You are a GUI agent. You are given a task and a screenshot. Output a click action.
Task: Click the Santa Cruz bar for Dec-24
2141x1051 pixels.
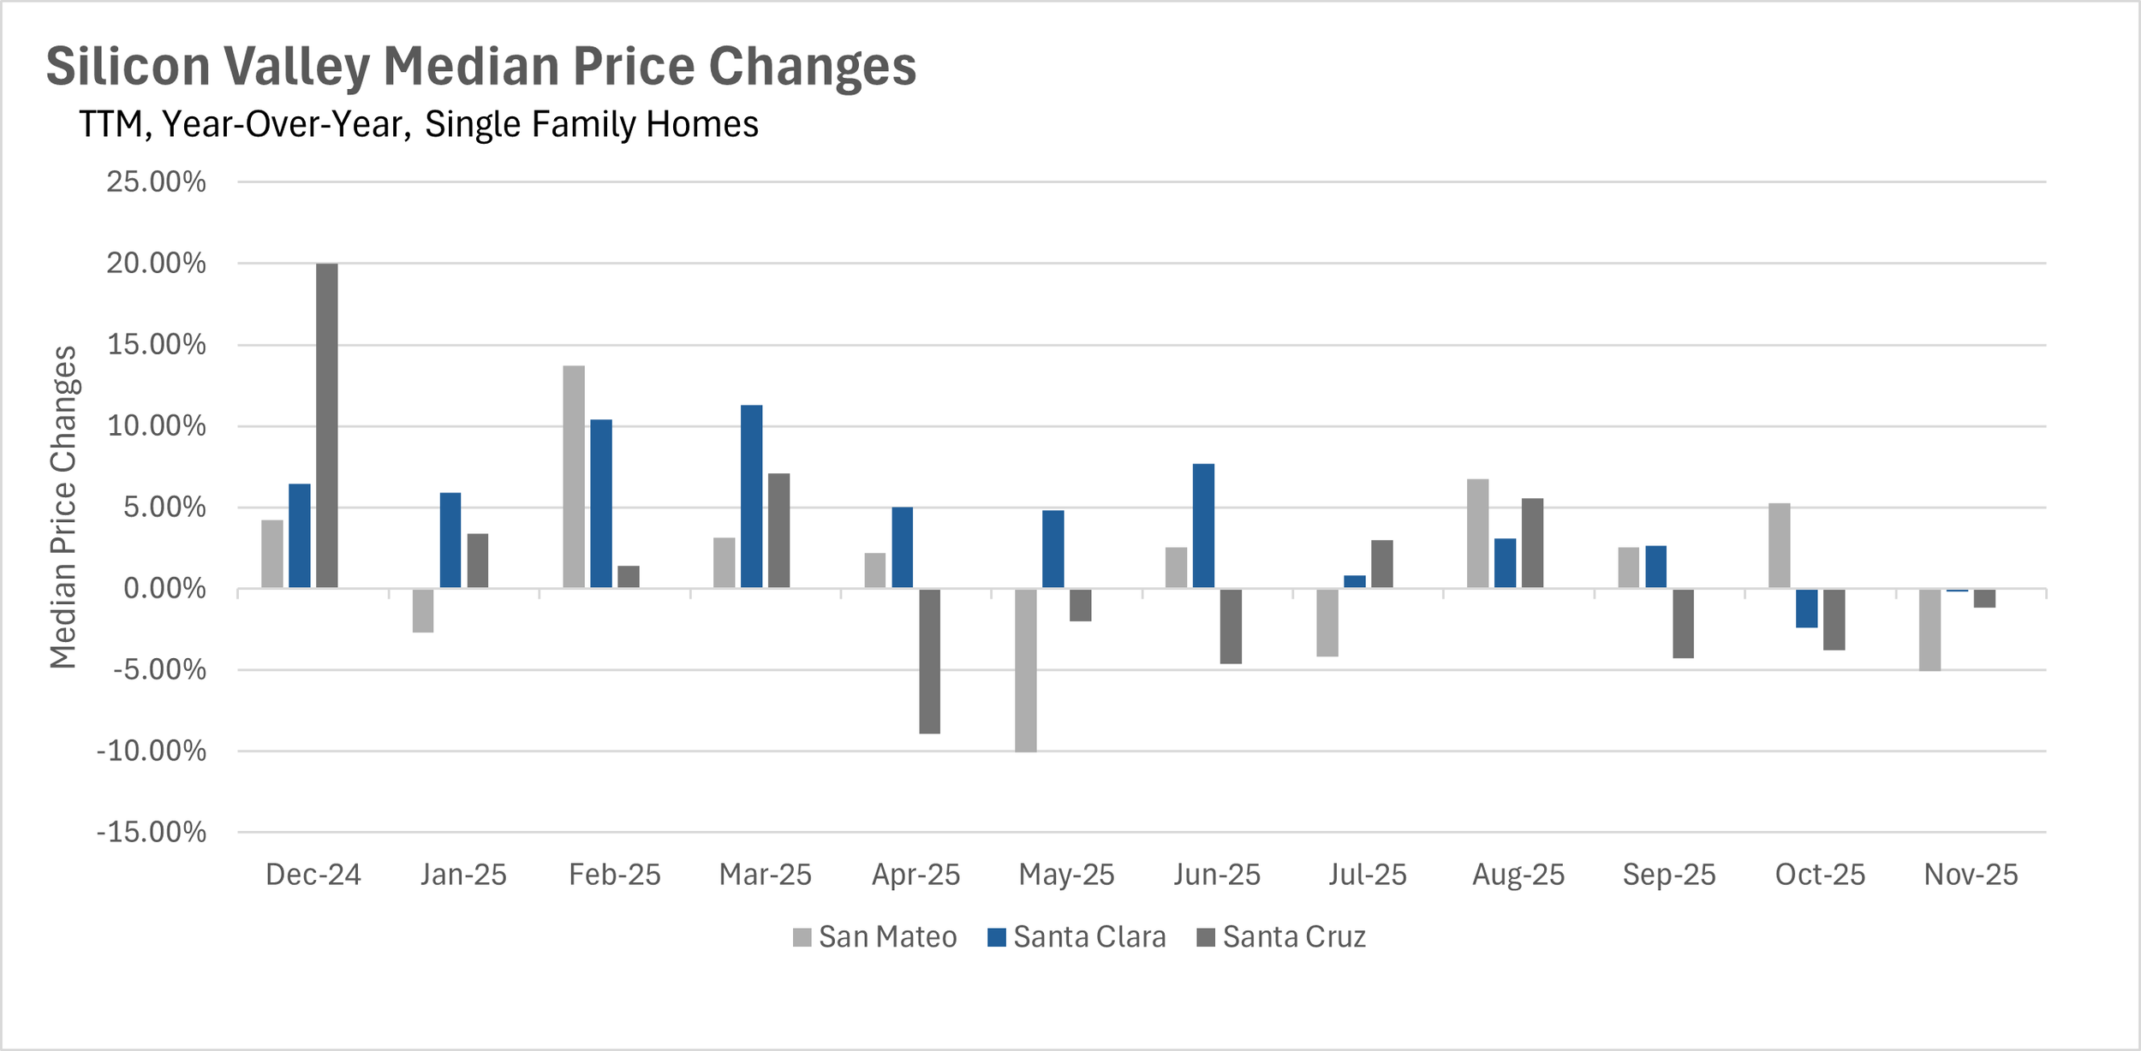coord(327,425)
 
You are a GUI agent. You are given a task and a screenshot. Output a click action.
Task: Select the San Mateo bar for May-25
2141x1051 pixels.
coord(1026,670)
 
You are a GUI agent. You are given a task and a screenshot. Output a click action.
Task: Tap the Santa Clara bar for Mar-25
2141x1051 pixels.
coord(752,496)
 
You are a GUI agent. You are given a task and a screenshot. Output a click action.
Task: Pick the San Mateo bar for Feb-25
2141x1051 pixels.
coord(574,477)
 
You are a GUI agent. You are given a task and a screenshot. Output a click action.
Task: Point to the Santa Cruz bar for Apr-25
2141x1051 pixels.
coord(930,661)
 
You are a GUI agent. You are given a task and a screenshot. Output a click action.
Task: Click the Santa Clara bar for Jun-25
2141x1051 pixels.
coord(1203,525)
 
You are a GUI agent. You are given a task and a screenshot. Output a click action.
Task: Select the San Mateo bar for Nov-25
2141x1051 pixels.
coord(1929,630)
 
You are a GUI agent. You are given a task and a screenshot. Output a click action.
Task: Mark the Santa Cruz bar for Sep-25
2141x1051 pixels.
coord(1683,623)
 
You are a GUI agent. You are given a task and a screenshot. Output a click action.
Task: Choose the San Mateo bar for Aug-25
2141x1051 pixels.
coord(1477,533)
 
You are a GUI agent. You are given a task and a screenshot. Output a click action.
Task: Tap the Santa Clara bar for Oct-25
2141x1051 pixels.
coord(1806,609)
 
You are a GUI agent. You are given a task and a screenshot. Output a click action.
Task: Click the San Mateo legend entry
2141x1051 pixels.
coord(874,937)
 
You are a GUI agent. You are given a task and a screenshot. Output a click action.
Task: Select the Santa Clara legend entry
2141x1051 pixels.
coord(1076,937)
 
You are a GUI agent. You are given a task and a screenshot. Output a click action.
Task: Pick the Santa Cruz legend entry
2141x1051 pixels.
coord(1281,937)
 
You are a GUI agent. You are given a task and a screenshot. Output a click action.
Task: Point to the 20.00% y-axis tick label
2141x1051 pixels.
coord(156,263)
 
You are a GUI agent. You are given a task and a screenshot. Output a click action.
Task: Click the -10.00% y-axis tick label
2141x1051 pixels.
coord(152,751)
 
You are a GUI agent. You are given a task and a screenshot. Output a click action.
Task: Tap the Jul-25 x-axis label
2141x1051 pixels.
coord(1368,875)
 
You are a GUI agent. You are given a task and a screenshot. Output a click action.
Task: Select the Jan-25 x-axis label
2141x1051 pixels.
coord(463,875)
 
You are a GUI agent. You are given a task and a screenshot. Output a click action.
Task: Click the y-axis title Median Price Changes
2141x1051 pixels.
coord(63,507)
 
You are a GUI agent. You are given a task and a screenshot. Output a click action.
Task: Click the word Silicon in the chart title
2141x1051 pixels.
coord(128,66)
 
